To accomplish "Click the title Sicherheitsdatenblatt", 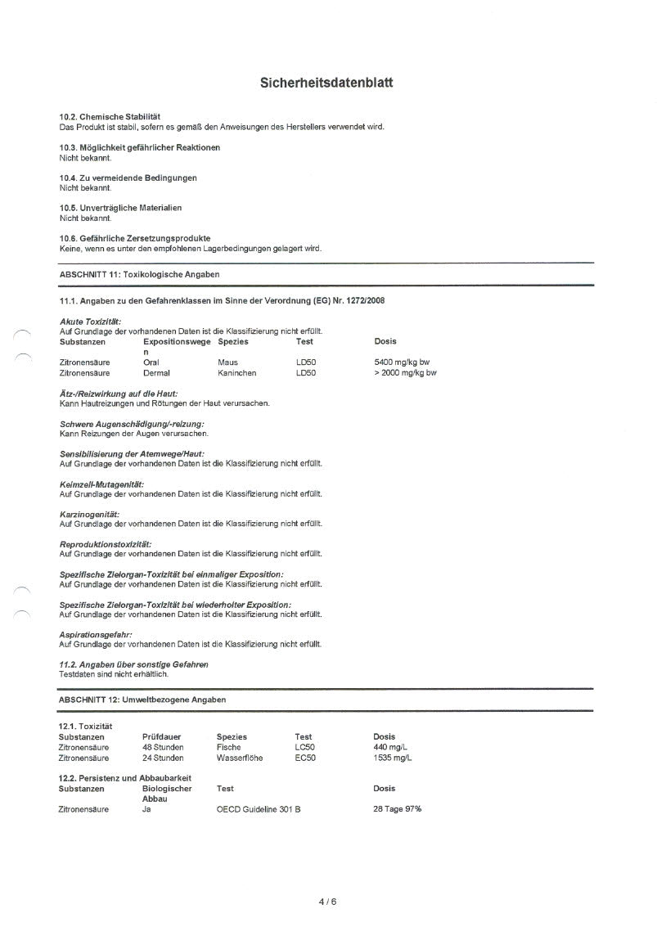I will (326, 83).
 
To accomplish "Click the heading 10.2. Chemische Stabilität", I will (110, 117).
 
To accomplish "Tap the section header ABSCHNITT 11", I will (139, 274).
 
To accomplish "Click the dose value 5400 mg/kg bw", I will (401, 362).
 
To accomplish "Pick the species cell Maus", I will (227, 362).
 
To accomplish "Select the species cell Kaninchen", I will (237, 372).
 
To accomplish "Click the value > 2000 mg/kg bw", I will (405, 372).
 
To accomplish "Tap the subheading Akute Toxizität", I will (91, 322).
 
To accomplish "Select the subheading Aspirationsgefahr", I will (96, 635).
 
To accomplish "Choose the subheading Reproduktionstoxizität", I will (106, 544).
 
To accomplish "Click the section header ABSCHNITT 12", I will (142, 700).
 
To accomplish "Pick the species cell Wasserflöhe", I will (240, 758).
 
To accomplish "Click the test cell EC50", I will (305, 758).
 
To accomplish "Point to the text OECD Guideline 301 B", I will (259, 809).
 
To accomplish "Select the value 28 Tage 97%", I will (398, 809).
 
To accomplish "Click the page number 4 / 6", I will (328, 902).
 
